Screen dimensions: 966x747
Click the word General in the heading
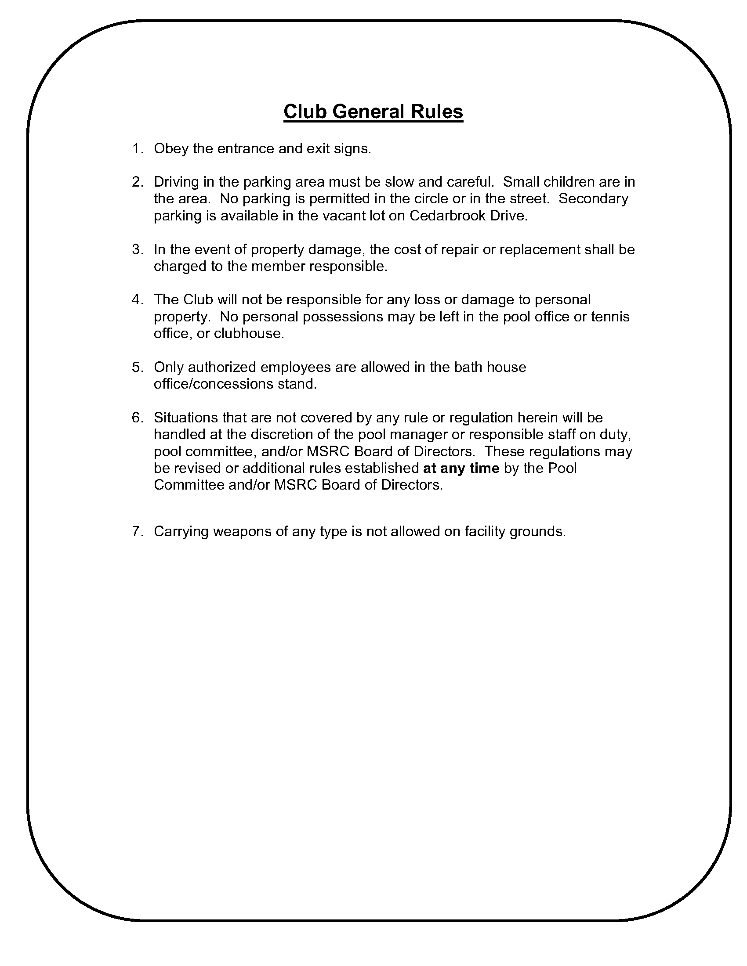point(369,112)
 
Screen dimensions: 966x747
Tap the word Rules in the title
point(436,112)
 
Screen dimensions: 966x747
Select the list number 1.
point(138,148)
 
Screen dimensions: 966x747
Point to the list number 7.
point(138,531)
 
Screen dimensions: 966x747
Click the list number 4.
point(138,300)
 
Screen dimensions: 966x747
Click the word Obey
point(171,148)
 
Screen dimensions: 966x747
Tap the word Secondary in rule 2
point(593,198)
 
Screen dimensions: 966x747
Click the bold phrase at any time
point(461,468)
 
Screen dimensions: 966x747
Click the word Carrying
point(181,531)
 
